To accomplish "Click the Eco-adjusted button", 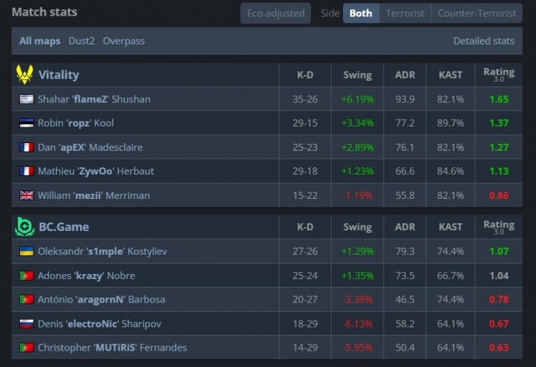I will pyautogui.click(x=275, y=13).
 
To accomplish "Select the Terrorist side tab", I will pyautogui.click(x=405, y=13).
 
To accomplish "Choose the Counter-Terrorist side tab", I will pyautogui.click(x=477, y=13).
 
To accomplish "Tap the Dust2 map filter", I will pyautogui.click(x=81, y=41).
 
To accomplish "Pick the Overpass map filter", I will pyautogui.click(x=124, y=41).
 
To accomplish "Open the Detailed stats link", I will pyautogui.click(x=484, y=41).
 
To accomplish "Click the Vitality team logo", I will pyautogui.click(x=24, y=74).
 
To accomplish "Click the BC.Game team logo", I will pyautogui.click(x=24, y=227).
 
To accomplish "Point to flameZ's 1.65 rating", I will pyautogui.click(x=499, y=99).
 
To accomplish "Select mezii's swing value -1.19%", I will pyautogui.click(x=357, y=195).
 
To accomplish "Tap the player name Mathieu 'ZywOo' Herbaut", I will pyautogui.click(x=96, y=171).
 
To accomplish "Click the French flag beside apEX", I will pyautogui.click(x=26, y=147).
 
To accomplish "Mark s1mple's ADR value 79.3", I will pyautogui.click(x=405, y=252).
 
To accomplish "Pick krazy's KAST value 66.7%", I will pyautogui.click(x=450, y=275).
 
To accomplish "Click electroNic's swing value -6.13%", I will pyautogui.click(x=357, y=323).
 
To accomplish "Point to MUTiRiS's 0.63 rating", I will pyautogui.click(x=499, y=348).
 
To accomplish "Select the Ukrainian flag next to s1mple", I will pyautogui.click(x=26, y=252).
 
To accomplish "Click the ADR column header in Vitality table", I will pyautogui.click(x=405, y=75).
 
